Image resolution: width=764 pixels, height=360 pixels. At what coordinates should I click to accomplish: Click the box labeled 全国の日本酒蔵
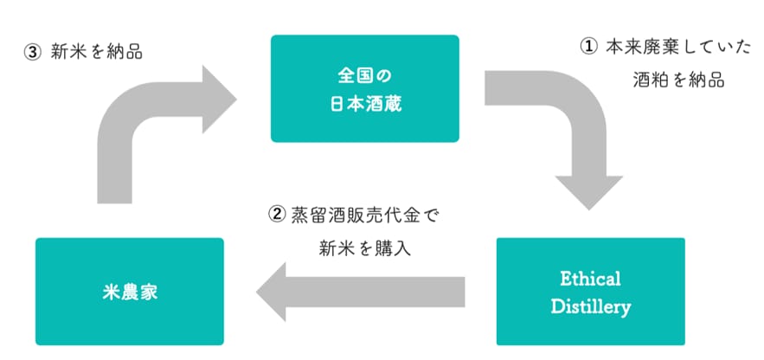click(365, 88)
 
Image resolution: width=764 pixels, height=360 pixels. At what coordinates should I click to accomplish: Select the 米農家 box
click(130, 292)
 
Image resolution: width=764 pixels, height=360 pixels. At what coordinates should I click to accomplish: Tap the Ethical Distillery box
click(591, 292)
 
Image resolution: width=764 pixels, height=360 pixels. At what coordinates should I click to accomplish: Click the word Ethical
click(591, 280)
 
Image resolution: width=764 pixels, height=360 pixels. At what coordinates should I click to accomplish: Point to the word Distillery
click(591, 307)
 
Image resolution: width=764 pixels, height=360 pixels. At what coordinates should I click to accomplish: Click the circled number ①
click(589, 48)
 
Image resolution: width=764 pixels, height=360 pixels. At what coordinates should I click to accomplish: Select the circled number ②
click(277, 215)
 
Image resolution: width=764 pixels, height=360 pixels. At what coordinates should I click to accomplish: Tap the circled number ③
click(33, 53)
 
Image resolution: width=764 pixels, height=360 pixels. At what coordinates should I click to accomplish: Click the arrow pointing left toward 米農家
click(361, 292)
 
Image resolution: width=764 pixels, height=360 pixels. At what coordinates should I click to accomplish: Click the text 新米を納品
click(97, 53)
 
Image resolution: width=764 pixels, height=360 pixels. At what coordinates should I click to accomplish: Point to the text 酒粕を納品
click(678, 80)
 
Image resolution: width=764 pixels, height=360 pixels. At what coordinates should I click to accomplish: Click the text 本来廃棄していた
click(678, 48)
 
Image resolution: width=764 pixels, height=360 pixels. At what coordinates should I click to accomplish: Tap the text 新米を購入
click(365, 248)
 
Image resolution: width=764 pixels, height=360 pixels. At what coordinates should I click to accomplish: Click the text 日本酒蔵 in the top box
click(365, 104)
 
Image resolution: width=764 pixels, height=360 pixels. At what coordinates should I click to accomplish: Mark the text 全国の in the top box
click(365, 75)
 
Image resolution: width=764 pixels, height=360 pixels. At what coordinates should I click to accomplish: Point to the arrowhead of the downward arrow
click(589, 193)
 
